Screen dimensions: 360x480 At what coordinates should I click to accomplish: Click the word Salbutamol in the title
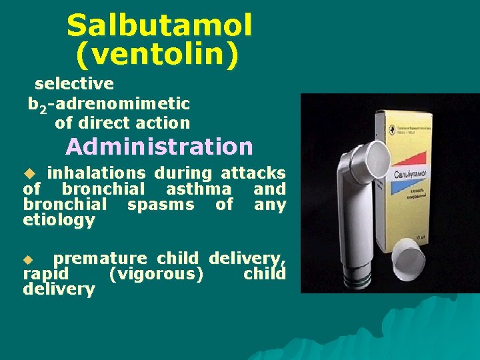159,26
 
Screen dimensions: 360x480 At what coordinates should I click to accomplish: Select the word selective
74,84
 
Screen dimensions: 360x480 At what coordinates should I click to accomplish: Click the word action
162,123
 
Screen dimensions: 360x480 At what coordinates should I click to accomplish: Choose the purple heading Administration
159,146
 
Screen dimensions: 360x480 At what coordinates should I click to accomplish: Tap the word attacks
253,173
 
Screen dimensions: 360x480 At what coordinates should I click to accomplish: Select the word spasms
161,205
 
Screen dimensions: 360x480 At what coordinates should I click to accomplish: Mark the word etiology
59,220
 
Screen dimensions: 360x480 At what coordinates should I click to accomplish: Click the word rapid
45,274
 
